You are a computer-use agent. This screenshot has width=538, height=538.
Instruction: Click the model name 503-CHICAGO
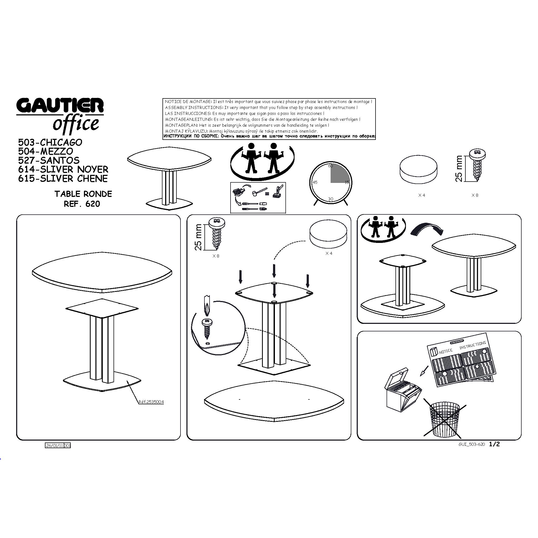click(x=50, y=142)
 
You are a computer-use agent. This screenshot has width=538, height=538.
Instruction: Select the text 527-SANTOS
click(x=49, y=160)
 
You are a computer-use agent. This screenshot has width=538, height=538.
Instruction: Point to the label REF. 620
click(x=82, y=204)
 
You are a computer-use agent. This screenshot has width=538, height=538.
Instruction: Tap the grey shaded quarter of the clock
click(x=340, y=173)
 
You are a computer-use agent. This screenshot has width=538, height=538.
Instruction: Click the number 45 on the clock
click(x=315, y=182)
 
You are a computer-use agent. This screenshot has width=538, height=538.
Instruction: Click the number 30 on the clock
click(x=331, y=199)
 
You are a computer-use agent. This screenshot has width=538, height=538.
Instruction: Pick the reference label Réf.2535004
click(x=151, y=402)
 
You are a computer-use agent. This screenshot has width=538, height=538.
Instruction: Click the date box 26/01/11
click(x=55, y=445)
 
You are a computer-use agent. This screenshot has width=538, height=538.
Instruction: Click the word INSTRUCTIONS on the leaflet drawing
click(x=473, y=345)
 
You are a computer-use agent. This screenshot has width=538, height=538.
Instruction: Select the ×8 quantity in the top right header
click(x=475, y=195)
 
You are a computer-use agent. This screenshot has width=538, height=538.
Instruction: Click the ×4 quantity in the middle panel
click(x=329, y=253)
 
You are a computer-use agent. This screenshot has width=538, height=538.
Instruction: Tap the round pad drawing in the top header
click(x=418, y=169)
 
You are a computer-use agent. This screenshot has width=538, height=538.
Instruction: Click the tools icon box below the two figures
click(x=258, y=198)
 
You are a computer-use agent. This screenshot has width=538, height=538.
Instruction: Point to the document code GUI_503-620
click(x=472, y=444)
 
